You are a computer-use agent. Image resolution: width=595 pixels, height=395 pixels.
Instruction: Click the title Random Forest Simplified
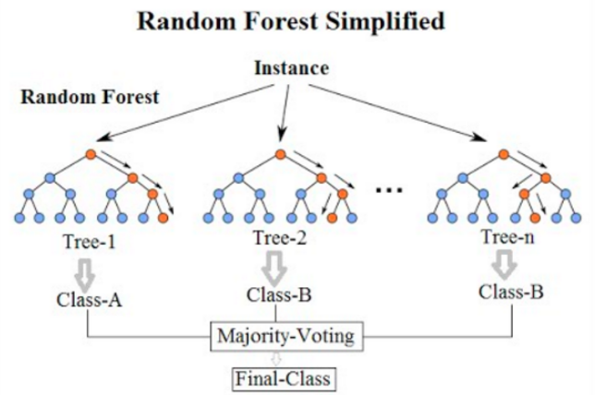point(297,20)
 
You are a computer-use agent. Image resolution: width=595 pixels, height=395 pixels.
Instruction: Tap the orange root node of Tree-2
point(277,154)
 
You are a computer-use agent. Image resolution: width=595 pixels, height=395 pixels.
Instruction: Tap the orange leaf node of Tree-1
point(163,218)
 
